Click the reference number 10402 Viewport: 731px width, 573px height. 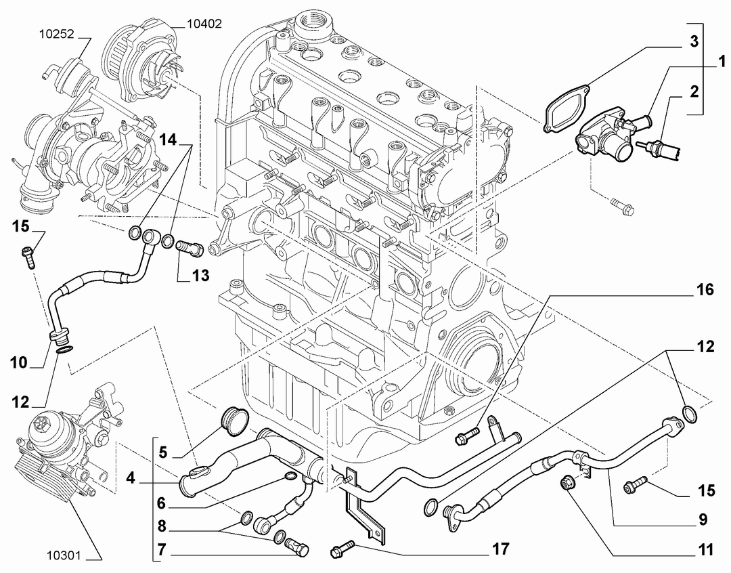click(204, 23)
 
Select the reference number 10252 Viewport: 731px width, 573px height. click(56, 34)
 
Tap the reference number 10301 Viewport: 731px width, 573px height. click(64, 555)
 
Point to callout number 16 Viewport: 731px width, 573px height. click(705, 290)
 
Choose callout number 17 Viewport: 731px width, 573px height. click(500, 549)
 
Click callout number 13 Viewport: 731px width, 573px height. click(200, 275)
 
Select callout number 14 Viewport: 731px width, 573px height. click(169, 139)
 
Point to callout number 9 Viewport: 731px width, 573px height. click(703, 519)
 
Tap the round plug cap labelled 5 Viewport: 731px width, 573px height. click(234, 421)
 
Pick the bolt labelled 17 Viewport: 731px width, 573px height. click(342, 548)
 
